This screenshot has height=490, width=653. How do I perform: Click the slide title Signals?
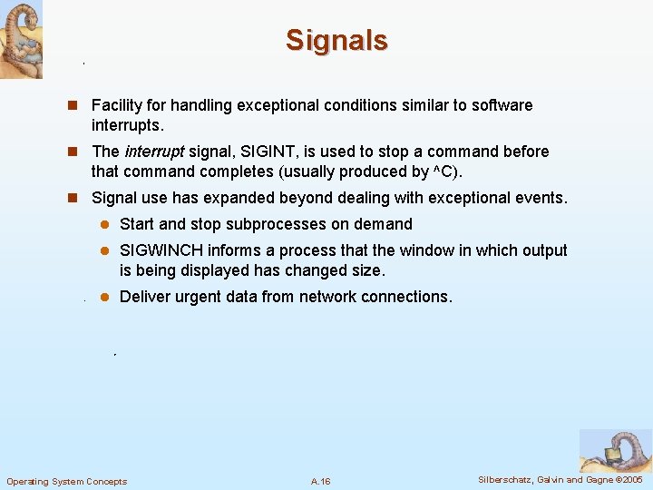pos(336,40)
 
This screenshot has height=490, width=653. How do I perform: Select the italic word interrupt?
pos(154,152)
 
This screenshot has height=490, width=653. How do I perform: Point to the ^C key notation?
pos(446,171)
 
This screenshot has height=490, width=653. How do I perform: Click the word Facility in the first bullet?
pos(117,105)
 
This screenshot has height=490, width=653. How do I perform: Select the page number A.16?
pos(320,481)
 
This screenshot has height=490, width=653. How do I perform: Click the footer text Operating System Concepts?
pos(67,481)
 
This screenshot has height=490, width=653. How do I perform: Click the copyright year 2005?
pos(629,479)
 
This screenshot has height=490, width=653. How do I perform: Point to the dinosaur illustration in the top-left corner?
pos(21,39)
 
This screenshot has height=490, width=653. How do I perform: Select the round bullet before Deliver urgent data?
pos(104,297)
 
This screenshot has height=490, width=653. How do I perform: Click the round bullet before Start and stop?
pos(104,224)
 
